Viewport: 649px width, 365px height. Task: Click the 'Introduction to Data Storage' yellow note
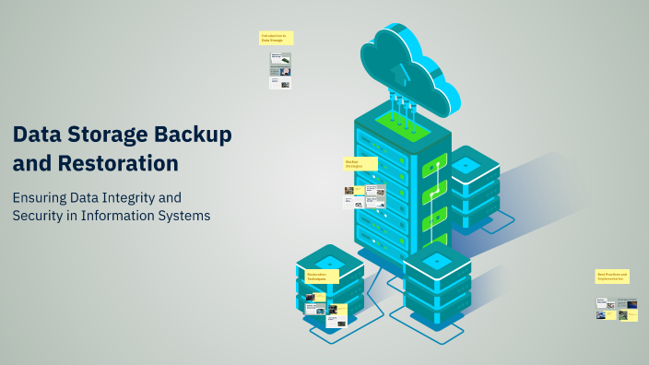click(x=274, y=38)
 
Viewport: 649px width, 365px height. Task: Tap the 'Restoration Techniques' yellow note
click(x=321, y=276)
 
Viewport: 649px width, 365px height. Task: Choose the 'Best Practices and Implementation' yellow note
click(x=613, y=276)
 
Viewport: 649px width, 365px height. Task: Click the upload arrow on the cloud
click(x=398, y=70)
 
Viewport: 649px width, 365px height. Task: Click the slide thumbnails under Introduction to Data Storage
click(x=280, y=70)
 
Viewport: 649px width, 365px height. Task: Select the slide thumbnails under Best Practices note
click(x=617, y=309)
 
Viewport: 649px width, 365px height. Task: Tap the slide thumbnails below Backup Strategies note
click(x=364, y=196)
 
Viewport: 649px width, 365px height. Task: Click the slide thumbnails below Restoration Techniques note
click(x=326, y=312)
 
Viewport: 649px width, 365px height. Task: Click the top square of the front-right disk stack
click(x=438, y=258)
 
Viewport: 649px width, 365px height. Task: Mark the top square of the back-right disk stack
click(x=466, y=163)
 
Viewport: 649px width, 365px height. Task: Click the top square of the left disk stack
click(x=329, y=261)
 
